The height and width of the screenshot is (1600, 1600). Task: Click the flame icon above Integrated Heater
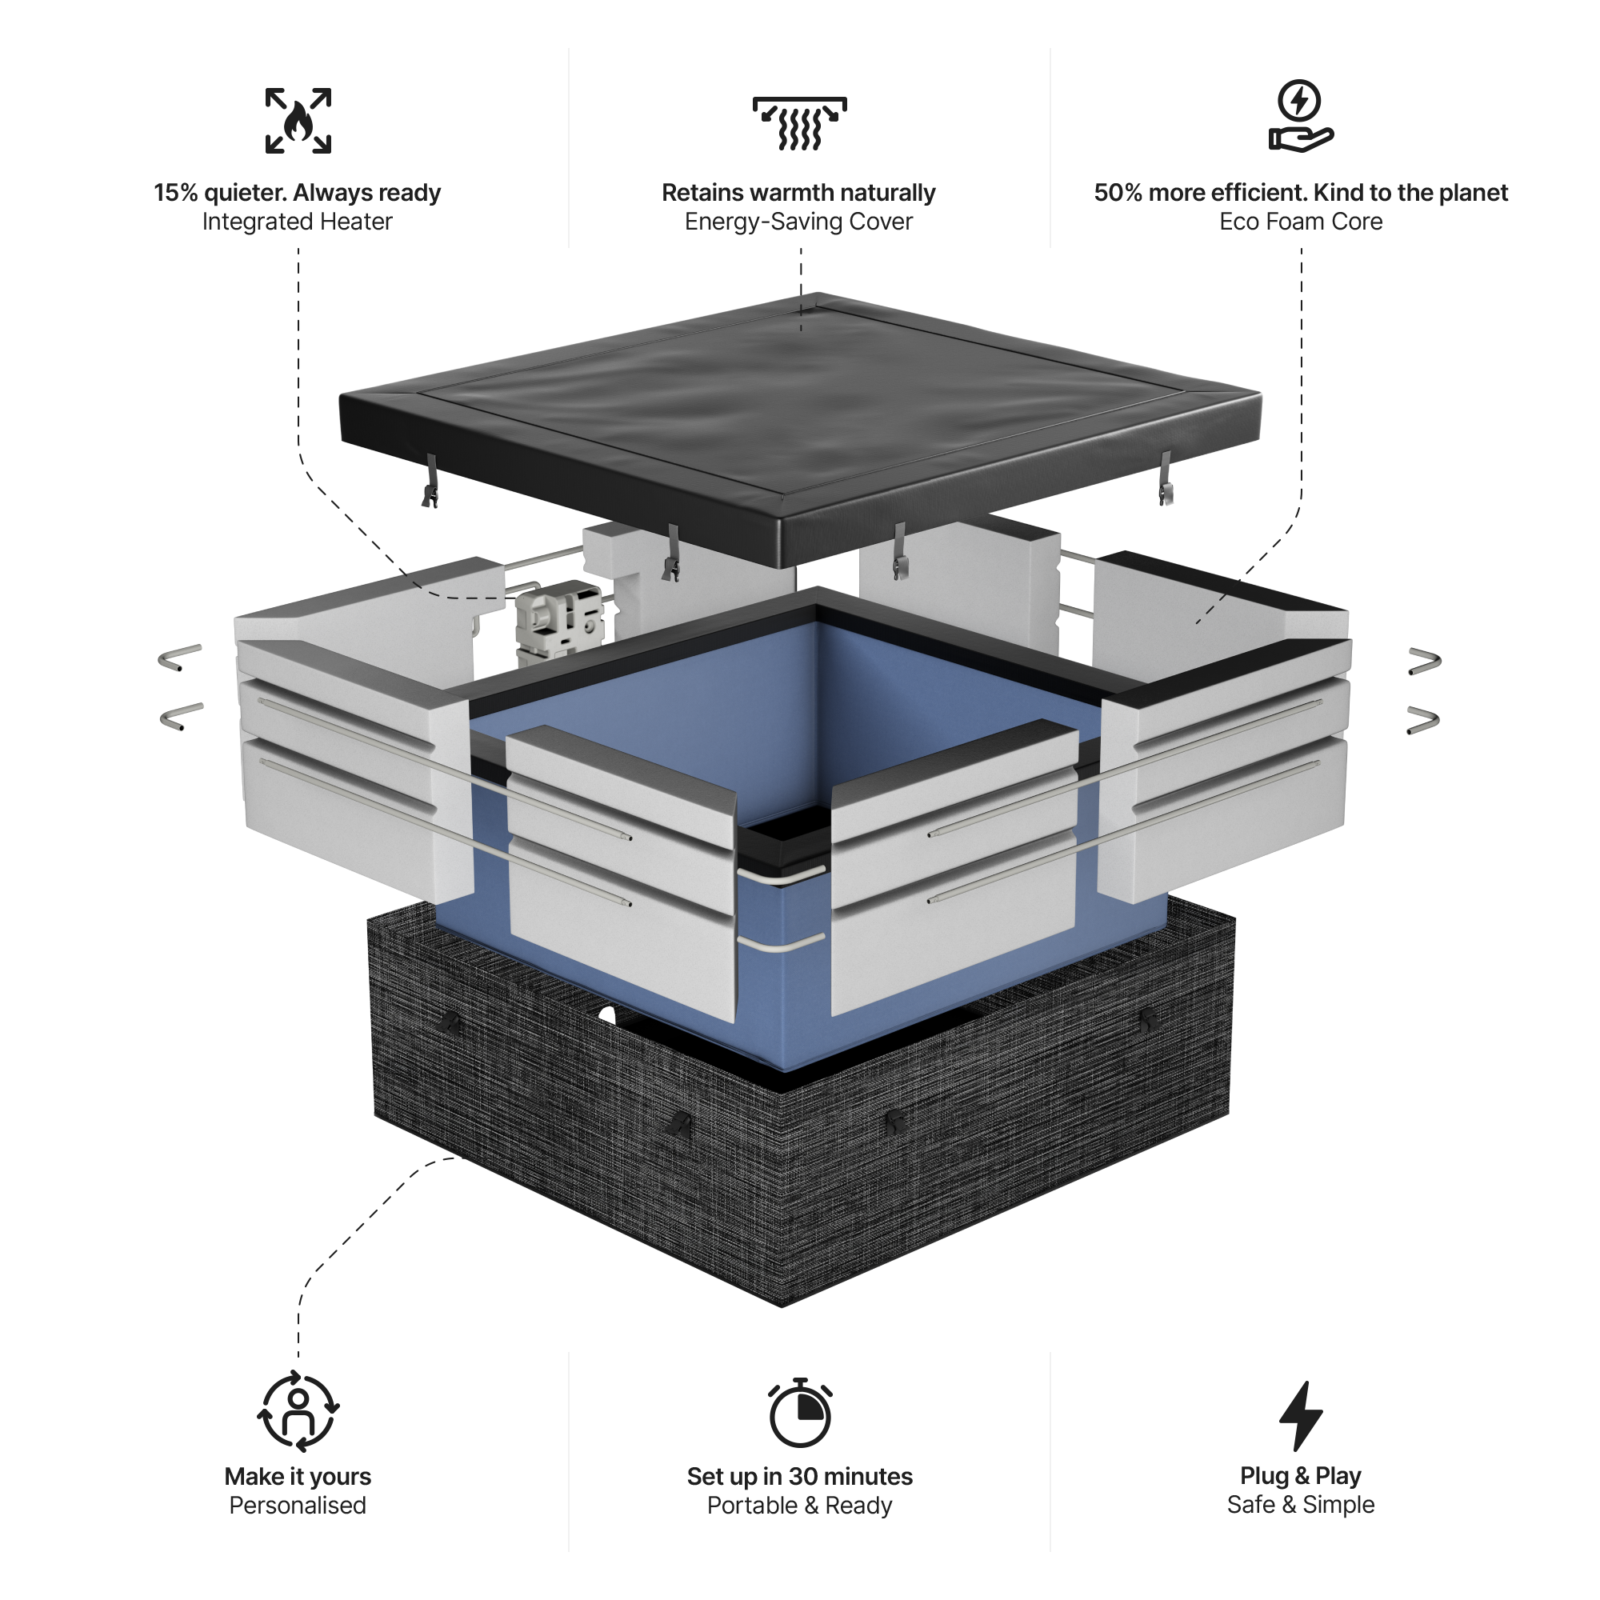tap(298, 121)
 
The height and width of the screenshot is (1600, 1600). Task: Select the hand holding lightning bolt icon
tap(1300, 116)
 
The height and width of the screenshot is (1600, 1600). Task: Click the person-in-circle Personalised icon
tap(298, 1411)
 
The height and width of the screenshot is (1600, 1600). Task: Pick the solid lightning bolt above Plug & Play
tap(1300, 1415)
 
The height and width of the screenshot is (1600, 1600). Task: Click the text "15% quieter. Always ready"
tap(298, 192)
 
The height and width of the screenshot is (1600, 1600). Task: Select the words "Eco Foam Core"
tap(1300, 222)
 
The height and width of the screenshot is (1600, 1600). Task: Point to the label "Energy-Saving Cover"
tap(798, 222)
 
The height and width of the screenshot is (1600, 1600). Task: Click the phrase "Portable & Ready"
tap(799, 1506)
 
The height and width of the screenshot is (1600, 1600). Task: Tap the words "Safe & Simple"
tap(1300, 1505)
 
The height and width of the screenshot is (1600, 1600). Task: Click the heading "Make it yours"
tap(298, 1477)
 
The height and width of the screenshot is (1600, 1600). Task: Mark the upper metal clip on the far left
tap(180, 658)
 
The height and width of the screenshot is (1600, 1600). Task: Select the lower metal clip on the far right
tap(1422, 720)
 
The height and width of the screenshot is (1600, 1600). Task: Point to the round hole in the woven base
tap(607, 1015)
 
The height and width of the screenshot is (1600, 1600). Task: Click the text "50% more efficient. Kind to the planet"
tap(1300, 192)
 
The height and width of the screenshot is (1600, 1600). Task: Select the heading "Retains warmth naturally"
tap(798, 192)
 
